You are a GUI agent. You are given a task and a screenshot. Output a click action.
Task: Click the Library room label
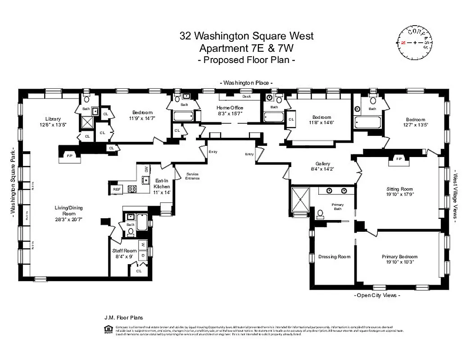tap(53, 119)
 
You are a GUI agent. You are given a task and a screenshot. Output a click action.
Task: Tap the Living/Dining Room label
tap(68, 211)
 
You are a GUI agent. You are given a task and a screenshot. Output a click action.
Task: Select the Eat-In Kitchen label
tap(162, 183)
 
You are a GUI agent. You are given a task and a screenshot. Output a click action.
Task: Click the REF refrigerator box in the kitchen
tap(117, 189)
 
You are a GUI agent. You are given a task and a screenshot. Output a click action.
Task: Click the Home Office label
tap(230, 108)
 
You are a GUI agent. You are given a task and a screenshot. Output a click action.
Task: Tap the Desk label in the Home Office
tap(246, 96)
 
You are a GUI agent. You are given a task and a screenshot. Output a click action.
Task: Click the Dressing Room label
tap(334, 256)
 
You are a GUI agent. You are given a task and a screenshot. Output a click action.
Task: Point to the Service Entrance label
tap(192, 176)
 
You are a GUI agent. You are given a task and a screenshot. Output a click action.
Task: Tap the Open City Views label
tap(377, 295)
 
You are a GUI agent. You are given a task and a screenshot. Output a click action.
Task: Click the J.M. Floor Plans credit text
tap(123, 318)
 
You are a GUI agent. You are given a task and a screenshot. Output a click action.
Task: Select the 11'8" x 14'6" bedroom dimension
tap(322, 122)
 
